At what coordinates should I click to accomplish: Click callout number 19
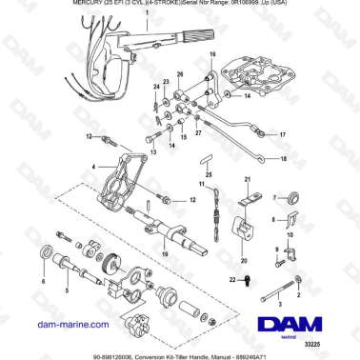pos(165,255)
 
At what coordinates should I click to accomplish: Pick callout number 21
pos(249,180)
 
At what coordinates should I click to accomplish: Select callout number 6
pos(42,282)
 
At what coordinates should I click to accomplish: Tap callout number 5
pos(67,290)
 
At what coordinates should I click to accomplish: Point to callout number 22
pos(231,279)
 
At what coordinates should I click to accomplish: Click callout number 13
pos(151,152)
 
